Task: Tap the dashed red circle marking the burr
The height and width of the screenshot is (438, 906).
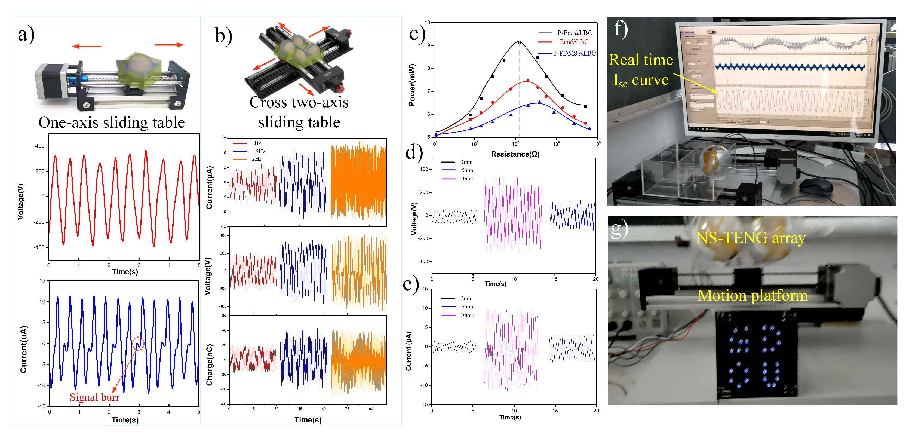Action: pos(138,343)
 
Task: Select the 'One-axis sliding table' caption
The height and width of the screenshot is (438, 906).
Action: pos(112,122)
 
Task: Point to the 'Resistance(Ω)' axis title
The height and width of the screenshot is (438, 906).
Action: pos(515,154)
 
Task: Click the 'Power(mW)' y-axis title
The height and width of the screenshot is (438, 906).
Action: pos(412,85)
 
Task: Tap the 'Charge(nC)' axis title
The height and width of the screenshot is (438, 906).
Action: pos(209,365)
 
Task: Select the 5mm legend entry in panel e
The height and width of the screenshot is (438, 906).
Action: pos(458,307)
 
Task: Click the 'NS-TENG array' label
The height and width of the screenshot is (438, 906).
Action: pos(751,238)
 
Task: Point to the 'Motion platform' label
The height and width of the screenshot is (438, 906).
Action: pos(753,296)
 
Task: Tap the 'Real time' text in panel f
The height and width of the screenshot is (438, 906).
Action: pos(641,60)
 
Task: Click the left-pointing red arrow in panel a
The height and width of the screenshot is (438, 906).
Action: pos(87,46)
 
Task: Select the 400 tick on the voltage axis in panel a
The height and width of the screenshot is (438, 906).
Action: pos(40,146)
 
